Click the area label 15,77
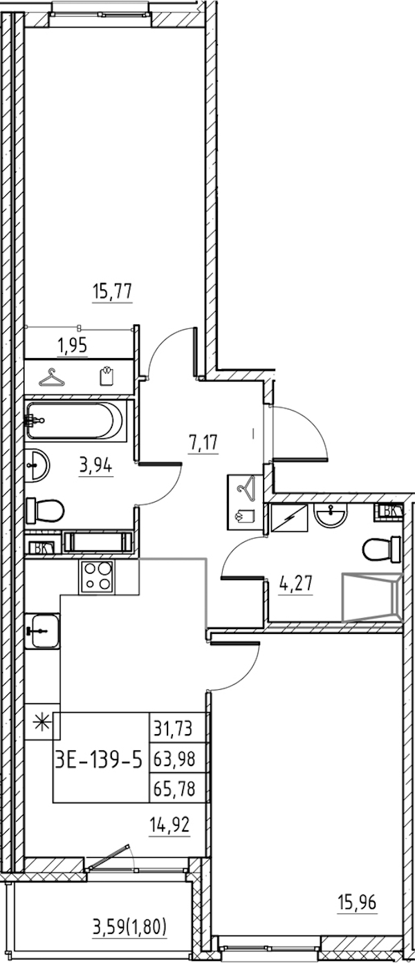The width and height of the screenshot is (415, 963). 112,291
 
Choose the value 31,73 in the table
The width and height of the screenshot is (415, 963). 178,728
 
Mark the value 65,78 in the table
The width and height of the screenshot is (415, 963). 178,788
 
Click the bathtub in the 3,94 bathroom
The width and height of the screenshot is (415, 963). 76,420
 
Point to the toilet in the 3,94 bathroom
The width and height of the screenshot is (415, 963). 45,512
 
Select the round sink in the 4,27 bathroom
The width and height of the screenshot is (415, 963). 333,514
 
